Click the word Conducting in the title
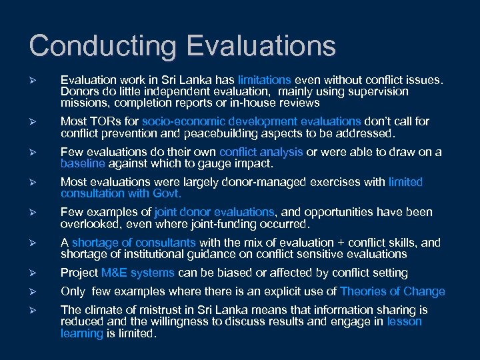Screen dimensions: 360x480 [103, 46]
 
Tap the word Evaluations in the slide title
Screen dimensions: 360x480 [261, 46]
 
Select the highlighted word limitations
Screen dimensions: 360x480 [264, 80]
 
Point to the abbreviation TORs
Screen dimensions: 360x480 [101, 121]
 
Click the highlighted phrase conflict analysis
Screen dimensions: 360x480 [261, 152]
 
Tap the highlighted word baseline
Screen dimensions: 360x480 [83, 163]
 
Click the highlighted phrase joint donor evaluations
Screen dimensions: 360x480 [214, 212]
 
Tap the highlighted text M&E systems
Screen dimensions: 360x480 [138, 273]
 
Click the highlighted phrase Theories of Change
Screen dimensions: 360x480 [392, 291]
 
